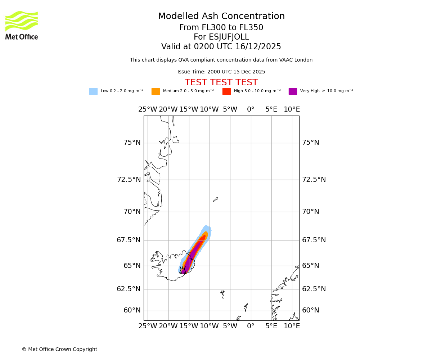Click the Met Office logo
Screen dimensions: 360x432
tap(22, 25)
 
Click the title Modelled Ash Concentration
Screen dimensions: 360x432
tap(221, 17)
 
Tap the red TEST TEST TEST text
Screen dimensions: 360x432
tap(221, 82)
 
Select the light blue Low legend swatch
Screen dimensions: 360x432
tap(93, 91)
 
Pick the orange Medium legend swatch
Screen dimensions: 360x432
tap(156, 91)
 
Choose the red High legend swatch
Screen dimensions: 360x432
tap(226, 91)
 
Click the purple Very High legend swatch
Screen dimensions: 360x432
tap(293, 91)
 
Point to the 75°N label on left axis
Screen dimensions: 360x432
tap(132, 143)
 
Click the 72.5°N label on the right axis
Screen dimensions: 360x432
tap(314, 179)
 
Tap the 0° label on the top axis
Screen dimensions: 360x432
tap(251, 109)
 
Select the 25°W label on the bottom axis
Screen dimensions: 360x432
tap(148, 326)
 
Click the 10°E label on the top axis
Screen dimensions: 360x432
tap(292, 109)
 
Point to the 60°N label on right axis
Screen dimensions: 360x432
tap(311, 310)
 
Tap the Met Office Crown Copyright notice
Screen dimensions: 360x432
tap(59, 349)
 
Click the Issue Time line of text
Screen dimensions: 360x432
tap(221, 72)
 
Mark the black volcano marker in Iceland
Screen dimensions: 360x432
tap(183, 270)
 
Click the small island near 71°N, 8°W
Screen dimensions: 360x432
tap(216, 199)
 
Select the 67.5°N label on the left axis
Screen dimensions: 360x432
tap(129, 240)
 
